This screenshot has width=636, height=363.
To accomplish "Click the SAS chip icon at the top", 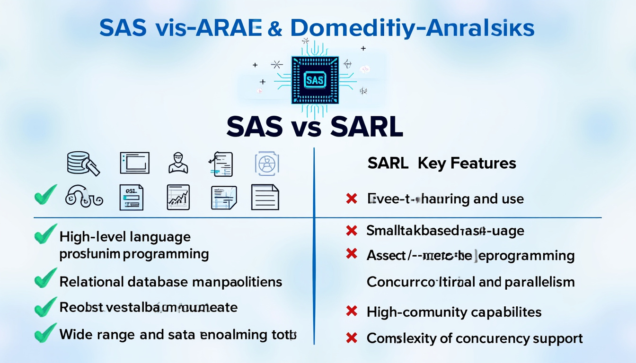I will pyautogui.click(x=315, y=79).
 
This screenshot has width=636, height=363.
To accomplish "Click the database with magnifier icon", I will pyautogui.click(x=83, y=163).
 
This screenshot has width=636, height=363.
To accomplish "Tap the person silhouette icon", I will pyautogui.click(x=178, y=163).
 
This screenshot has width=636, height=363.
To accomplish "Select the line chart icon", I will pyautogui.click(x=178, y=197).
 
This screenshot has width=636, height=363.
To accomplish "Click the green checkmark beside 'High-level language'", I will pyautogui.click(x=46, y=235).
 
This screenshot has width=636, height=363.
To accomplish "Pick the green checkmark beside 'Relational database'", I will pyautogui.click(x=46, y=280).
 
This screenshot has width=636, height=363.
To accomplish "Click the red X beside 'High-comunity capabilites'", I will pyautogui.click(x=351, y=311).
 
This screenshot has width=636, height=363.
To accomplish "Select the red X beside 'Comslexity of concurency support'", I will pyautogui.click(x=351, y=338).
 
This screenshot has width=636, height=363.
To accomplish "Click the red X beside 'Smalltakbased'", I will pyautogui.click(x=351, y=230).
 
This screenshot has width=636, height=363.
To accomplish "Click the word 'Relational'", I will pyautogui.click(x=91, y=282).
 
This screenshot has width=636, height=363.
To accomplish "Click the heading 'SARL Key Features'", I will pyautogui.click(x=441, y=164).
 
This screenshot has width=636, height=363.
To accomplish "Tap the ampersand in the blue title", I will pyautogui.click(x=274, y=29).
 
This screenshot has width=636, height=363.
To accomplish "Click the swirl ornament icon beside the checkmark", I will pyautogui.click(x=83, y=196).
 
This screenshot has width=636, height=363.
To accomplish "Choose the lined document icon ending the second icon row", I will pyautogui.click(x=265, y=197).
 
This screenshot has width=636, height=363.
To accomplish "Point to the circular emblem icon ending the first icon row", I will pyautogui.click(x=267, y=164).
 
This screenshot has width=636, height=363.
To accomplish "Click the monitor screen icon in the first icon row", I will pyautogui.click(x=134, y=163).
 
